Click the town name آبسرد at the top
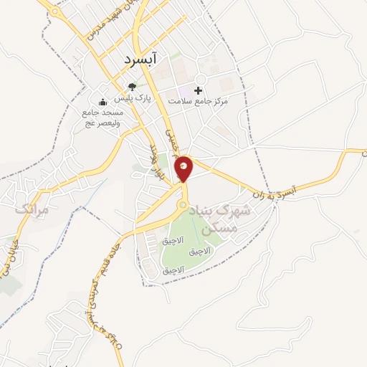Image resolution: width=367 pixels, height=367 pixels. tap(143, 55)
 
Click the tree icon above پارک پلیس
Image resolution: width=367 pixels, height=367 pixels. tap(131, 89)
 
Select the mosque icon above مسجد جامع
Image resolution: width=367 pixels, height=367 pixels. tap(103, 103)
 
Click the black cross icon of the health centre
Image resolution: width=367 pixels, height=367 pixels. tap(198, 90)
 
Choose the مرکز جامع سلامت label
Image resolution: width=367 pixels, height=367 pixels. tap(199, 102)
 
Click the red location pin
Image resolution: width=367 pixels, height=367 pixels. tap(185, 168)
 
